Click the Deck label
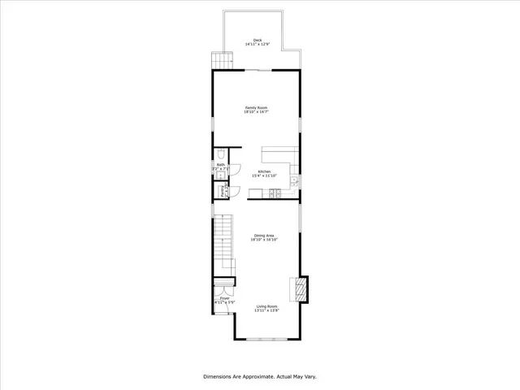coord(258,40)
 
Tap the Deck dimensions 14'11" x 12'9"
coord(258,45)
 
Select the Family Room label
coord(257,107)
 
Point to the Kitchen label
coord(264,171)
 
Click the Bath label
coord(220,165)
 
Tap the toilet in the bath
coord(221,154)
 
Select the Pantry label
coord(223,191)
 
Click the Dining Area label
coord(264,236)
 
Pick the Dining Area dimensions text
coord(264,240)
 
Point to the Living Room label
coord(267,306)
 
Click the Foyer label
coord(224,298)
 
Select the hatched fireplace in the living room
coord(301,289)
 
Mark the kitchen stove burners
coord(275,193)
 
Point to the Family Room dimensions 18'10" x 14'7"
coord(257,112)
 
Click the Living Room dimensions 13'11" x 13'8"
coord(267,311)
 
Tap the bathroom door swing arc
coord(233,168)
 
